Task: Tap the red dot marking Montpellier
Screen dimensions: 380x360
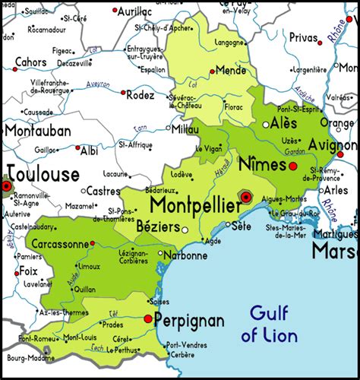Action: pyautogui.click(x=245, y=196)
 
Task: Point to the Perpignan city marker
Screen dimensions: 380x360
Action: pyautogui.click(x=147, y=320)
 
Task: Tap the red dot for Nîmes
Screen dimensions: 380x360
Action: pyautogui.click(x=292, y=164)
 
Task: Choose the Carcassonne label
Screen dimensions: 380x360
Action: pyautogui.click(x=58, y=245)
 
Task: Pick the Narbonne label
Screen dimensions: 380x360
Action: pyautogui.click(x=185, y=255)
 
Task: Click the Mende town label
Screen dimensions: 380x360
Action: pyautogui.click(x=231, y=70)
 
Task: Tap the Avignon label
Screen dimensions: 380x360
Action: pyautogui.click(x=332, y=144)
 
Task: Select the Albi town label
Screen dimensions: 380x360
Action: pyautogui.click(x=90, y=151)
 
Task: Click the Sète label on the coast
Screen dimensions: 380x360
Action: pyautogui.click(x=241, y=226)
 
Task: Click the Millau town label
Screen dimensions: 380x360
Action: pyautogui.click(x=186, y=130)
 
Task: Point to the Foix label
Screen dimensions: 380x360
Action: pyautogui.click(x=27, y=271)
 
